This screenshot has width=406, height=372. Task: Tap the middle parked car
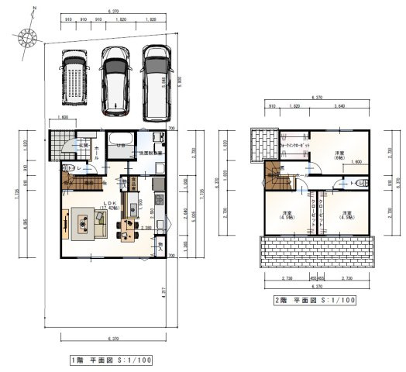tap(115, 77)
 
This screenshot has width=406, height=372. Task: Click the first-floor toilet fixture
tap(64, 167)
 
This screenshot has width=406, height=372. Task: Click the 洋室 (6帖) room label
tap(339, 155)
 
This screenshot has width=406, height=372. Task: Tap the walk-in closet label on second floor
tap(294, 146)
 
